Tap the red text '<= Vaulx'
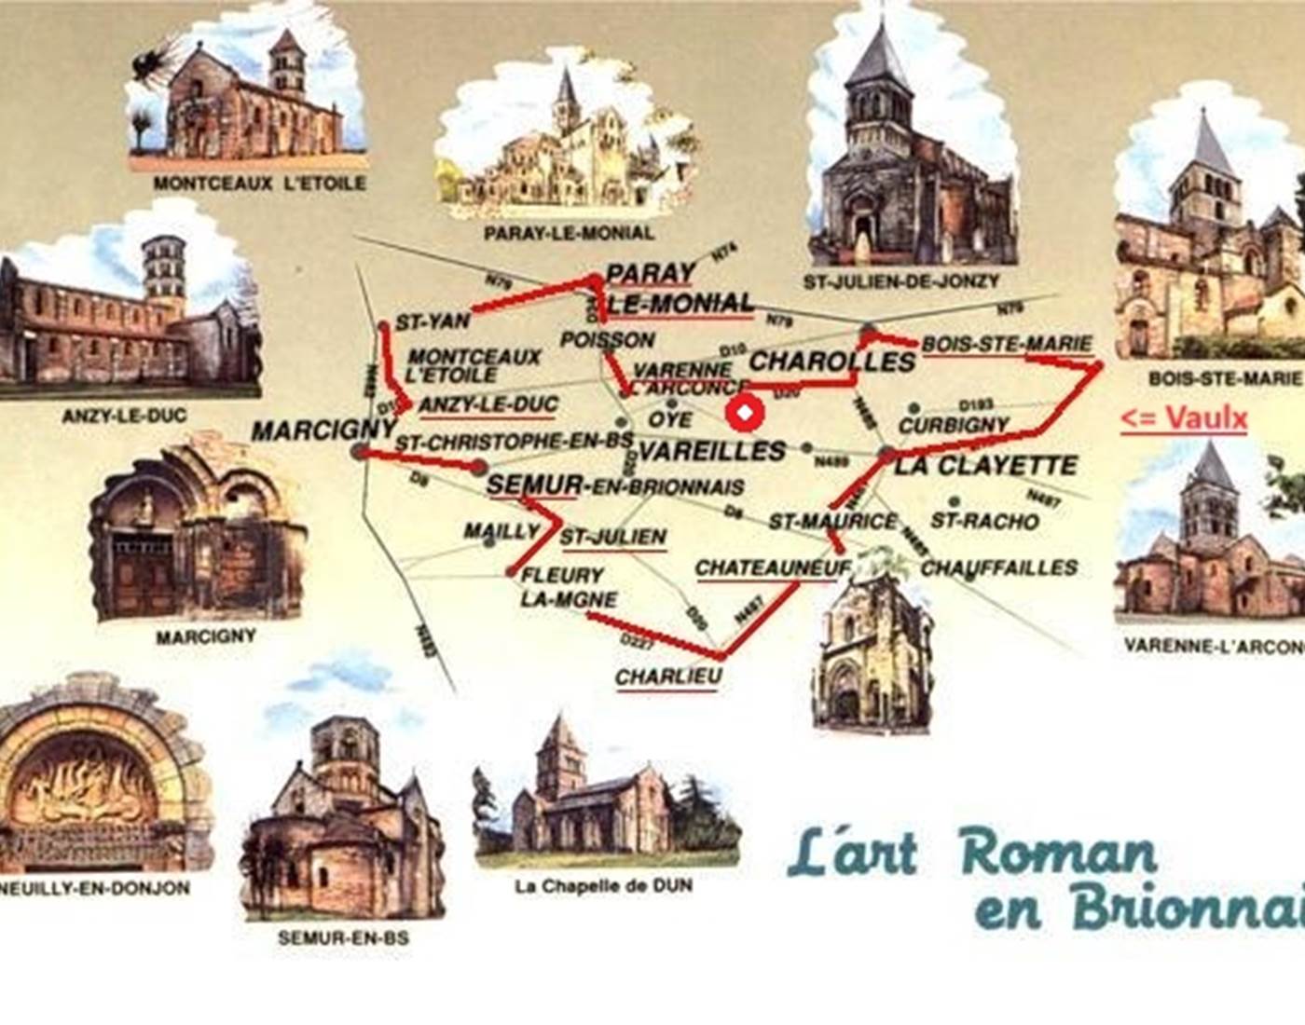1183,419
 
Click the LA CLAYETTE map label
985,465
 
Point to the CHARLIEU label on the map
668,676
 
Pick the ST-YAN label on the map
433,322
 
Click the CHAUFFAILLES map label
999,567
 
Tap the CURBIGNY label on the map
954,425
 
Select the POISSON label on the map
608,340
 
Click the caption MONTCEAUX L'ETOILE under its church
259,184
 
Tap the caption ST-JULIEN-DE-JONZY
900,280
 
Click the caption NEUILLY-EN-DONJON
95,888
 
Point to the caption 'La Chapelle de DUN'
603,885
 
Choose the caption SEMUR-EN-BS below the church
343,937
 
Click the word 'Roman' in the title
1058,853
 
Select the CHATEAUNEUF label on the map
773,567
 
